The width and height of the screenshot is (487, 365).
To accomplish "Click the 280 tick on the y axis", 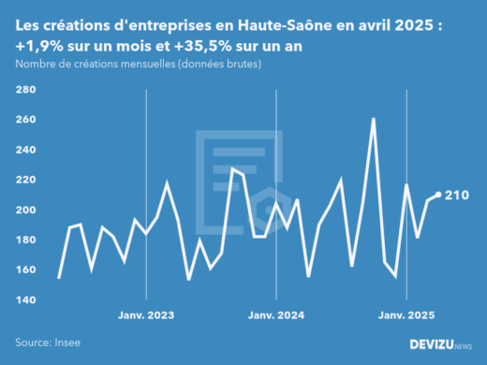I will click(25, 90).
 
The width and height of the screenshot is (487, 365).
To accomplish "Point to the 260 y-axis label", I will click(25, 120).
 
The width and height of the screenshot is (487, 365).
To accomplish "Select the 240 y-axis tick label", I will click(25, 150).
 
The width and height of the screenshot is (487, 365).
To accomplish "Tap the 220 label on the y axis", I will click(25, 180).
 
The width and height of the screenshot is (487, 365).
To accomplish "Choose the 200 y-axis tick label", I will click(25, 210).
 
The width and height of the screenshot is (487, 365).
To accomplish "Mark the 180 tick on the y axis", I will click(25, 240).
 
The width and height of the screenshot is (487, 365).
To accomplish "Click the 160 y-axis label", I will click(25, 270).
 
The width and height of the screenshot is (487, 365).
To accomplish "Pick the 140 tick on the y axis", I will click(25, 299).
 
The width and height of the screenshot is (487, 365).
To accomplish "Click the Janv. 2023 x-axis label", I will click(146, 315).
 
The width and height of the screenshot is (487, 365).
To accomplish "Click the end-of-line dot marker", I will click(438, 196).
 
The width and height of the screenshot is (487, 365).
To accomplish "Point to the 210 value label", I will click(457, 196).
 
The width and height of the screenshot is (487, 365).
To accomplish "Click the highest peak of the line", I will click(374, 119).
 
